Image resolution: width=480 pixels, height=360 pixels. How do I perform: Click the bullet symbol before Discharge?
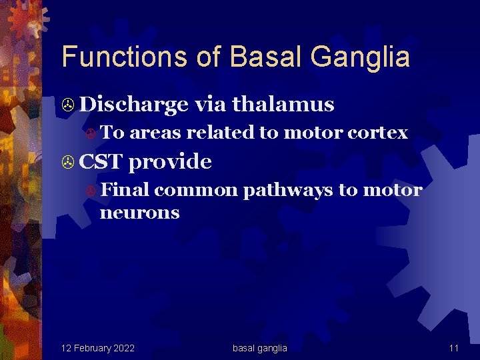tap(67, 105)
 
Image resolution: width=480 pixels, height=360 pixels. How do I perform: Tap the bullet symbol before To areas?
tap(93, 133)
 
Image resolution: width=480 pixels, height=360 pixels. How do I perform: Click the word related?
tap(221, 133)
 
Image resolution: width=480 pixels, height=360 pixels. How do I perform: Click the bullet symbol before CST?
tap(67, 162)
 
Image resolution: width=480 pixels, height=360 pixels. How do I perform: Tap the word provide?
tap(170, 162)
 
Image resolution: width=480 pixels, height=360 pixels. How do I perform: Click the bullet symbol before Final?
tap(93, 191)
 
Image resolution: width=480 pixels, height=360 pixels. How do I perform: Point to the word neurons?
tap(139, 213)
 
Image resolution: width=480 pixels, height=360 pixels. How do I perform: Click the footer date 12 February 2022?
tap(97, 348)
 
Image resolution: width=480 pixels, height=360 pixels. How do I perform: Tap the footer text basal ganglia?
tap(260, 348)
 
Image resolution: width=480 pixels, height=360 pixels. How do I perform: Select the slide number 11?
tap(453, 348)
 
